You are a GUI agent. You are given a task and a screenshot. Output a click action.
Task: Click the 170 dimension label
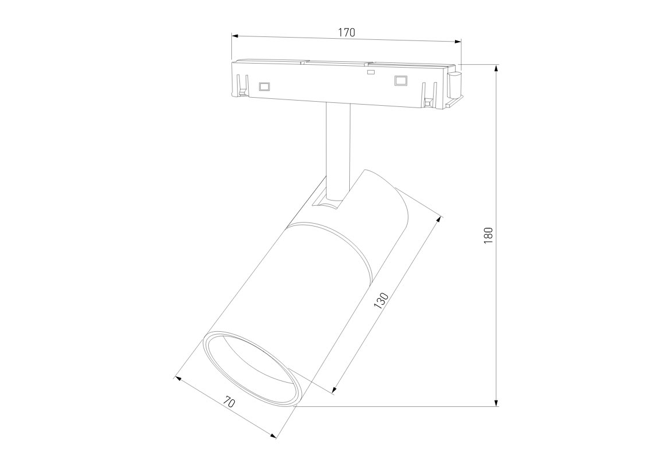coord(346,32)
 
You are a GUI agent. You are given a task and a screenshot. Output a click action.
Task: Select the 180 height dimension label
coord(489,235)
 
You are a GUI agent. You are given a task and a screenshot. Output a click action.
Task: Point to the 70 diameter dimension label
coord(229,402)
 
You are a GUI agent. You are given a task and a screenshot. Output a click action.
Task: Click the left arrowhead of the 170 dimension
coord(235,36)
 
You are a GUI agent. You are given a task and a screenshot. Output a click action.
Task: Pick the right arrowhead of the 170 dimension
coord(457,42)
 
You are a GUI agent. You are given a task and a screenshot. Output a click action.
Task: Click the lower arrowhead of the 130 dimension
coord(335,390)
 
